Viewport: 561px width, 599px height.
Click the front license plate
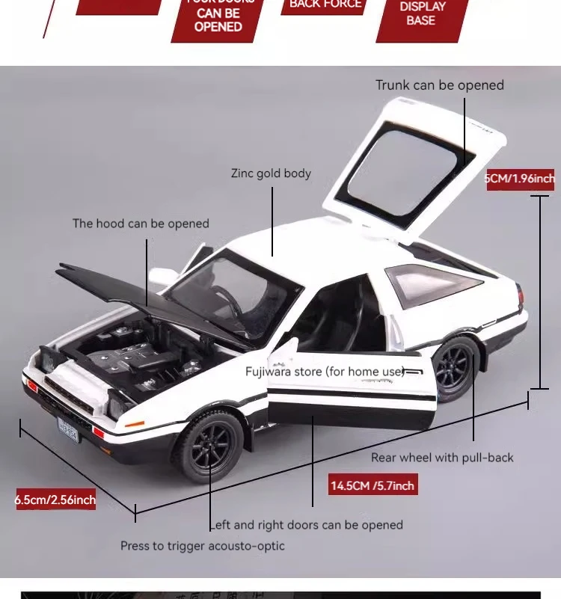click(68, 429)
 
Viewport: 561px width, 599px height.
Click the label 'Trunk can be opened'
click(440, 85)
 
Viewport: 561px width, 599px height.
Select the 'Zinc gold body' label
click(271, 173)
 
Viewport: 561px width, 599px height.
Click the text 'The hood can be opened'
click(141, 224)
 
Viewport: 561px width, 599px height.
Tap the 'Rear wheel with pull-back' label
click(442, 458)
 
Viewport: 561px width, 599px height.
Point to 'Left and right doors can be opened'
click(307, 525)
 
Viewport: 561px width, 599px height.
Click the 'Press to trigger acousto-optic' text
click(203, 546)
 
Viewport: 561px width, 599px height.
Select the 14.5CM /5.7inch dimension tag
click(373, 485)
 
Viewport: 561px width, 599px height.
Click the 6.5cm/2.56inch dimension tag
click(56, 500)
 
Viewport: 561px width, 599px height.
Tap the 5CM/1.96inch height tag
click(521, 179)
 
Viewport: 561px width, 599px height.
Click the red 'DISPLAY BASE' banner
click(421, 15)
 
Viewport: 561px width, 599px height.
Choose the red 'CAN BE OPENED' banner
click(218, 18)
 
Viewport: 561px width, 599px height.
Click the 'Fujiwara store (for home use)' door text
click(325, 372)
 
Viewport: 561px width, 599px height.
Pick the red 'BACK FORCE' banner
click(325, 5)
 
